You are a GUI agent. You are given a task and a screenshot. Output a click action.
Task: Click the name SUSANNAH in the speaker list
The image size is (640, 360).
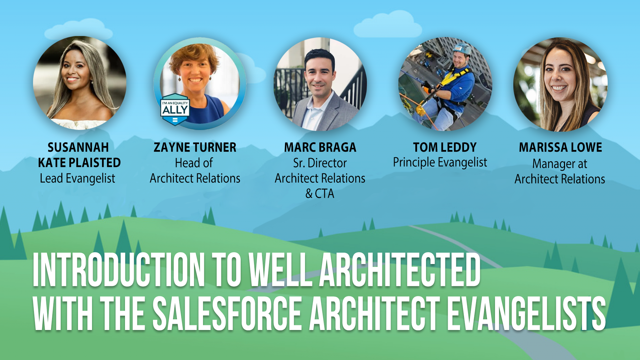point(78,147)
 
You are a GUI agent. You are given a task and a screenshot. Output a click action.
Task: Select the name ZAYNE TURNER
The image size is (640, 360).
point(195,147)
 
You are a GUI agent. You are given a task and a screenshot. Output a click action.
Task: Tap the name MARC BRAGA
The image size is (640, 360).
point(320,147)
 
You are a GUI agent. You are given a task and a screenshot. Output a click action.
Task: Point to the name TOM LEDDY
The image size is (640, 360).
point(445,147)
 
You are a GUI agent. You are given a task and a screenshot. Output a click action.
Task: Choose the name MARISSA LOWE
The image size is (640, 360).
point(560,147)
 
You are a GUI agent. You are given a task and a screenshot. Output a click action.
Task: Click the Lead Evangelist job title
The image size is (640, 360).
point(77,179)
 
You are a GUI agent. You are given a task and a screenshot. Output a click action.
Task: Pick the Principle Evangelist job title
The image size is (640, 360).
point(440,163)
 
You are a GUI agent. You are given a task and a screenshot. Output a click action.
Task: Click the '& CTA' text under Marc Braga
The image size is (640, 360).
point(320,194)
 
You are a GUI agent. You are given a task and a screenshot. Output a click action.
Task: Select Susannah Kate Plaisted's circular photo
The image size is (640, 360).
point(80,83)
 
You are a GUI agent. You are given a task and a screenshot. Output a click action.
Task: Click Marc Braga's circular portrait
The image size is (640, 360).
point(320,84)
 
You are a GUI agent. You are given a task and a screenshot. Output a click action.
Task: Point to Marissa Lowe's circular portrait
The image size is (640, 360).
point(560,84)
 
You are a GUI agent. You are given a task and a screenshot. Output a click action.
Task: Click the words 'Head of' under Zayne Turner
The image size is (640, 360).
point(194,163)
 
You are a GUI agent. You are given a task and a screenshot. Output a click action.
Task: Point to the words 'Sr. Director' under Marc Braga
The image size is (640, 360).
point(320,163)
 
